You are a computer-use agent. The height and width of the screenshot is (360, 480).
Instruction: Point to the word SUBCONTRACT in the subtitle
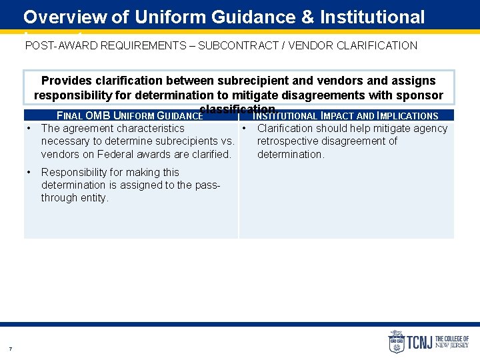[239, 46]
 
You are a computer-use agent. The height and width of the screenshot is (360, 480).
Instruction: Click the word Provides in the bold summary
[65, 81]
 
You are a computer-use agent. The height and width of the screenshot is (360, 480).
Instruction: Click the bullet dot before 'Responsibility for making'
[29, 172]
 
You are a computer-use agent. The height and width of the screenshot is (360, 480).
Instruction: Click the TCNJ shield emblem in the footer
[397, 342]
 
